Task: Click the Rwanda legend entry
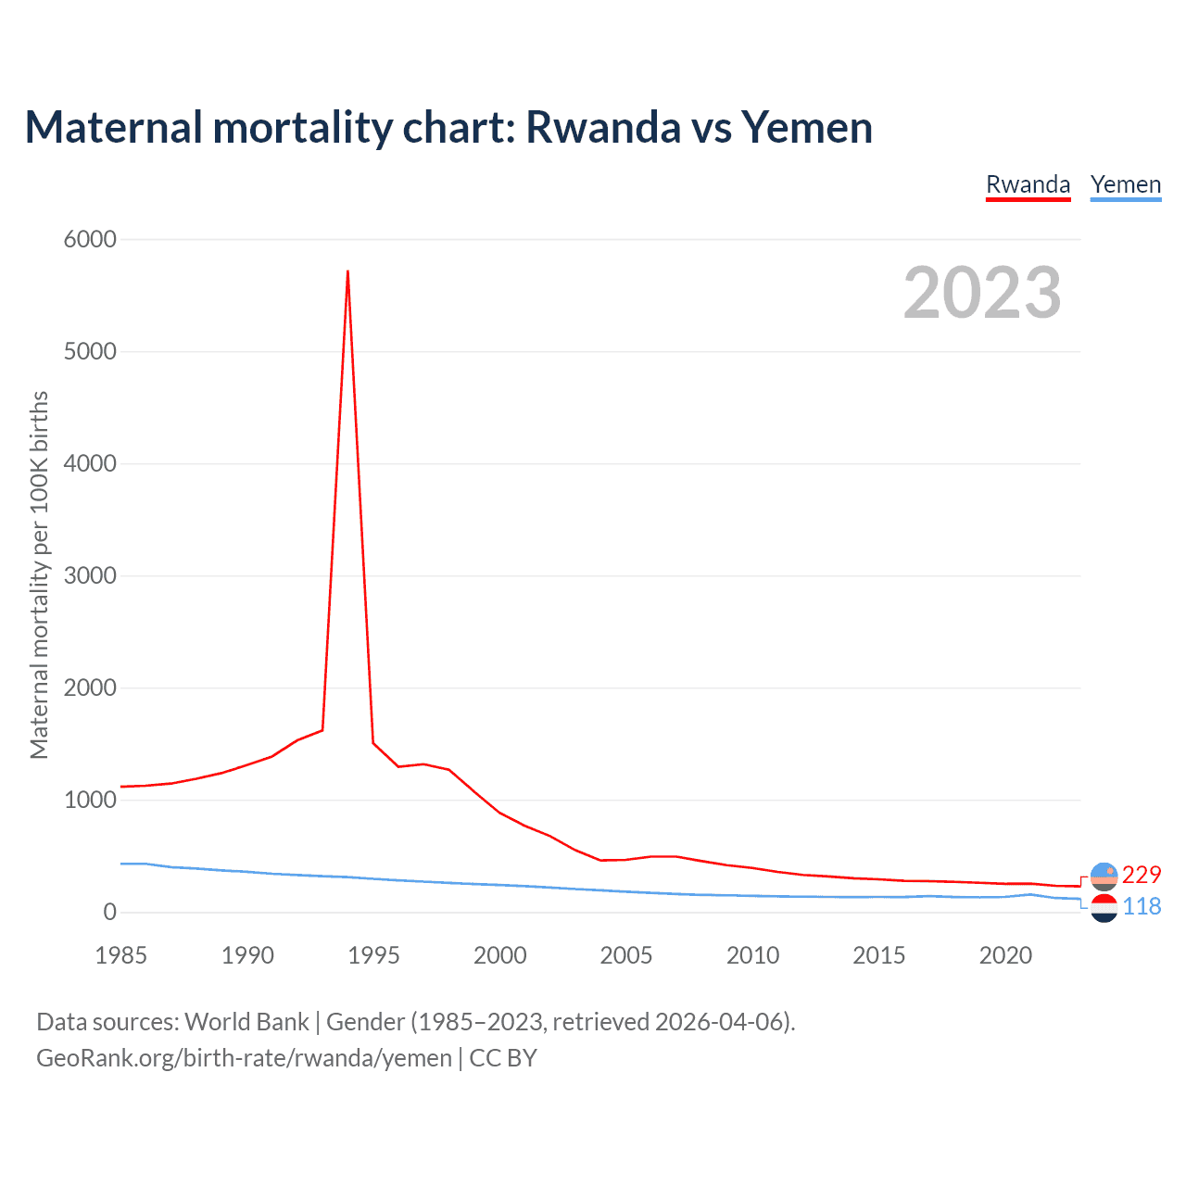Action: click(1028, 184)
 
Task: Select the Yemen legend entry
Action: click(1125, 184)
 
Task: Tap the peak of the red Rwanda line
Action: click(347, 271)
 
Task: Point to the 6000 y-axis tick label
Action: click(90, 239)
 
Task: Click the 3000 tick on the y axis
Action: click(90, 575)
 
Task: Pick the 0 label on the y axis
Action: click(110, 913)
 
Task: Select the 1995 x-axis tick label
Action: click(373, 955)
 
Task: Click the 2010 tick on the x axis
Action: click(752, 955)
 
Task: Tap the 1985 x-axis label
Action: click(121, 955)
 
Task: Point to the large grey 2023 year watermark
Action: click(982, 293)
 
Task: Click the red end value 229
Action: click(1142, 875)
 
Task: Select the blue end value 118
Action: click(1142, 906)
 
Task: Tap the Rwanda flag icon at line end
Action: click(1104, 876)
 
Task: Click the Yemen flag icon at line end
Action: click(1104, 908)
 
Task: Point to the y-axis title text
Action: click(39, 574)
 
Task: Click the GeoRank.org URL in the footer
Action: click(244, 1057)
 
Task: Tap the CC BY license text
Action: click(503, 1057)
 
